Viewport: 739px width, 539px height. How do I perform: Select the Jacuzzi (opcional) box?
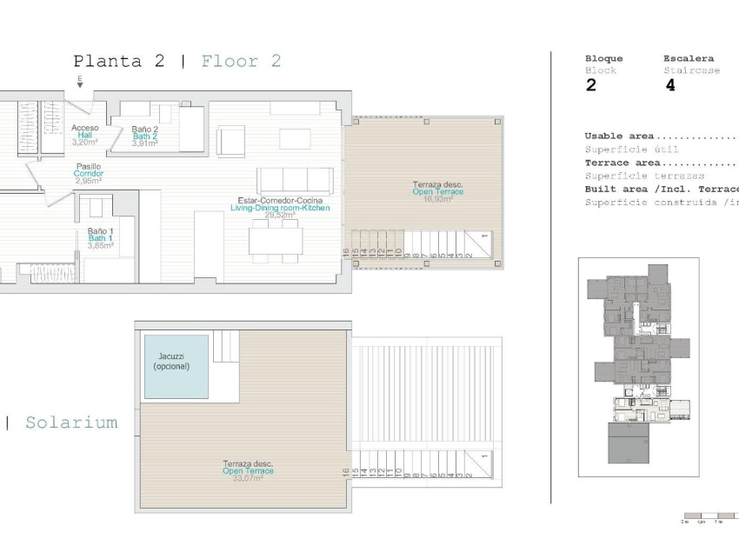click(176, 366)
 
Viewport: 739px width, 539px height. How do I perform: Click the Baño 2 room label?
click(145, 130)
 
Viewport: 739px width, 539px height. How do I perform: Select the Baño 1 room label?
click(100, 232)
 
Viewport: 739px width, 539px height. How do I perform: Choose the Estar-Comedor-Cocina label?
click(280, 201)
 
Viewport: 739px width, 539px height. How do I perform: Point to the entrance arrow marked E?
click(80, 82)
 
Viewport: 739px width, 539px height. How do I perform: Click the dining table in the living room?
click(275, 240)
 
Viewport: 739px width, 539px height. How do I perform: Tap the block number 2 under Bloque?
click(591, 85)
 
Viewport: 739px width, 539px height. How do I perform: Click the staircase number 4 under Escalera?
click(669, 85)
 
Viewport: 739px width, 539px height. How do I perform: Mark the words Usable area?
click(620, 136)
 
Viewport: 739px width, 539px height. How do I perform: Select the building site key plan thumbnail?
click(638, 367)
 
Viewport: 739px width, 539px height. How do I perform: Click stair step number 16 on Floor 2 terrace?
click(346, 252)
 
